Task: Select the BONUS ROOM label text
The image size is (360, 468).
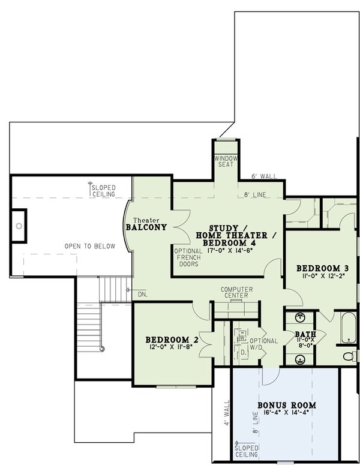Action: point(286,406)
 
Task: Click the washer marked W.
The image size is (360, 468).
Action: point(242,338)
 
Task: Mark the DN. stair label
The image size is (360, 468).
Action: point(142,295)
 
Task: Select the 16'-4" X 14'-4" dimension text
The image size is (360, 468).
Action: point(286,414)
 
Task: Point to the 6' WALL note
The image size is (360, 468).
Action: point(265,176)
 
